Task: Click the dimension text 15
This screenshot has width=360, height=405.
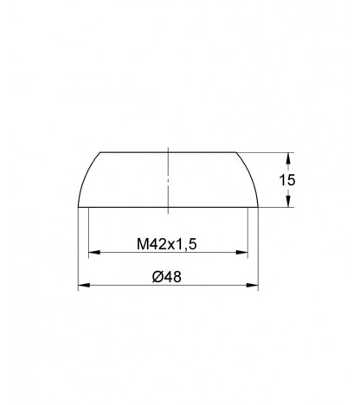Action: [x=287, y=180]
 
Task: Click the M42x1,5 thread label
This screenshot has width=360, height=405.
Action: [x=166, y=244]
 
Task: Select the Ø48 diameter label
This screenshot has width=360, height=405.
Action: [x=167, y=277]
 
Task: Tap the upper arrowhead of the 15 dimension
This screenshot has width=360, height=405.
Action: [x=287, y=158]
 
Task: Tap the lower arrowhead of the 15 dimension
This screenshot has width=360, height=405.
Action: [x=287, y=201]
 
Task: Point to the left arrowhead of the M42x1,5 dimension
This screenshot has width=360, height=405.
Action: [x=94, y=253]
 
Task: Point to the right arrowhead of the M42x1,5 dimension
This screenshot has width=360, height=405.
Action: [x=242, y=253]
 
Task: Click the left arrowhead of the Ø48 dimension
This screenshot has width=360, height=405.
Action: [x=84, y=285]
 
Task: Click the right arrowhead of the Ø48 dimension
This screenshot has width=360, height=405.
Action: [x=252, y=285]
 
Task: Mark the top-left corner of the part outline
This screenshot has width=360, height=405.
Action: [x=100, y=152]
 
